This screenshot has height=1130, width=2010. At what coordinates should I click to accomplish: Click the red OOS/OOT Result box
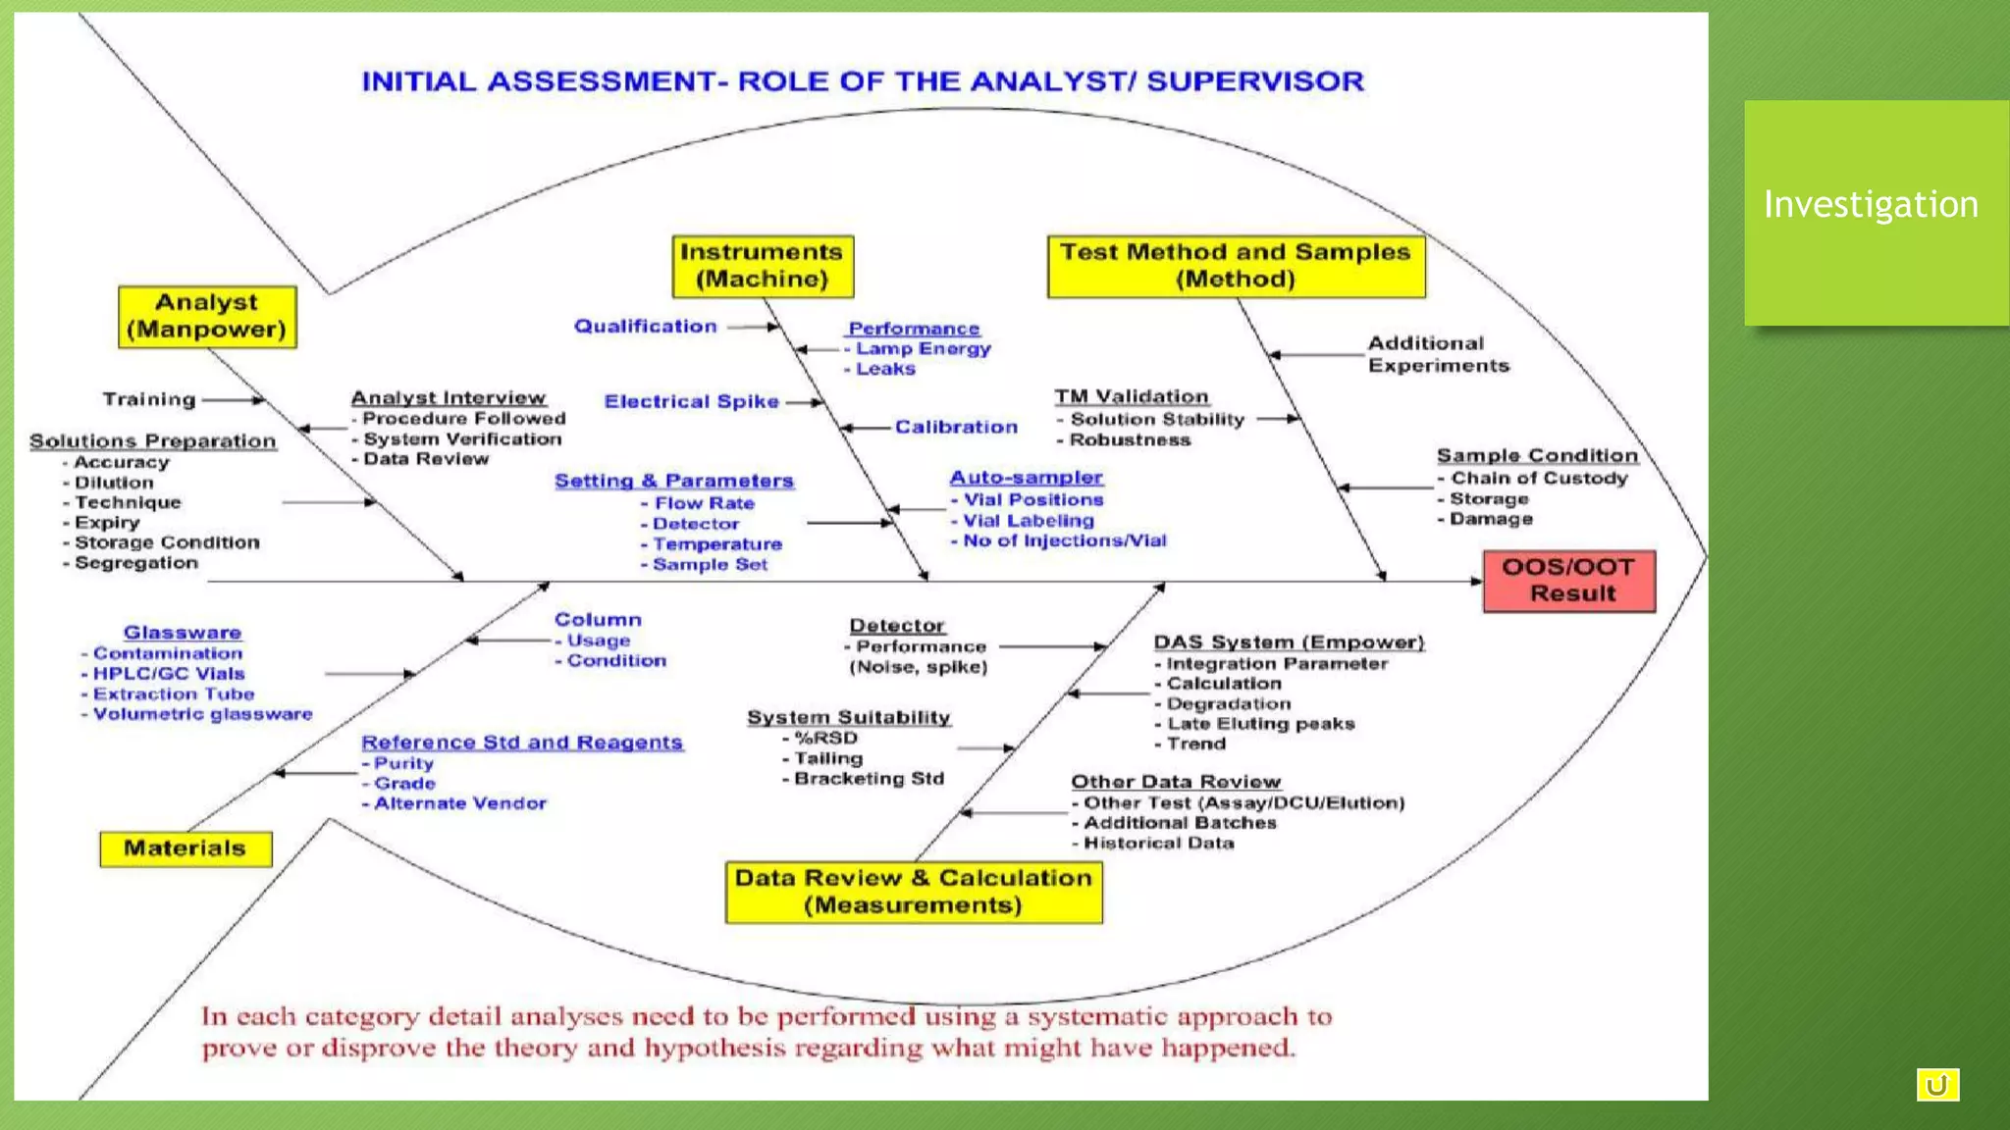click(x=1568, y=581)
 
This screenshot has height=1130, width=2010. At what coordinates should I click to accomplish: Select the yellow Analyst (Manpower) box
click(x=207, y=317)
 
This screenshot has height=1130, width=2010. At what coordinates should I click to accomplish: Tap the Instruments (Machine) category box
click(x=763, y=266)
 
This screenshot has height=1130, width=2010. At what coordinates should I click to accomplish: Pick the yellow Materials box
click(x=185, y=848)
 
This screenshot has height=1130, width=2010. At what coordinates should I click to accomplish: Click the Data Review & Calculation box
click(x=914, y=892)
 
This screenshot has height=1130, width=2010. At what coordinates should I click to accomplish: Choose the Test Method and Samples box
click(x=1236, y=266)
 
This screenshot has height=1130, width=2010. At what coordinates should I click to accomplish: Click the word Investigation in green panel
click(x=1871, y=204)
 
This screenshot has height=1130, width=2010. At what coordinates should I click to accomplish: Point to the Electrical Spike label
click(x=691, y=401)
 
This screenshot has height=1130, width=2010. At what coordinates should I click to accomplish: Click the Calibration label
click(x=956, y=427)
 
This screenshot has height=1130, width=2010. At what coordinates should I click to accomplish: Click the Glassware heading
click(x=183, y=633)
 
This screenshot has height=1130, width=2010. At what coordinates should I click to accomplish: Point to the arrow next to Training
click(x=234, y=399)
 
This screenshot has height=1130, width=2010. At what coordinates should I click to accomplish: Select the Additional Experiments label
click(x=1438, y=354)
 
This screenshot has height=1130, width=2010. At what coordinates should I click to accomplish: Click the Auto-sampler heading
click(x=1026, y=477)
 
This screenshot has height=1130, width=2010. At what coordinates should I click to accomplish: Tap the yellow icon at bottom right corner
click(x=1936, y=1085)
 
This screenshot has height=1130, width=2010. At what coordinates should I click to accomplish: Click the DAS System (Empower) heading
click(x=1288, y=642)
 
